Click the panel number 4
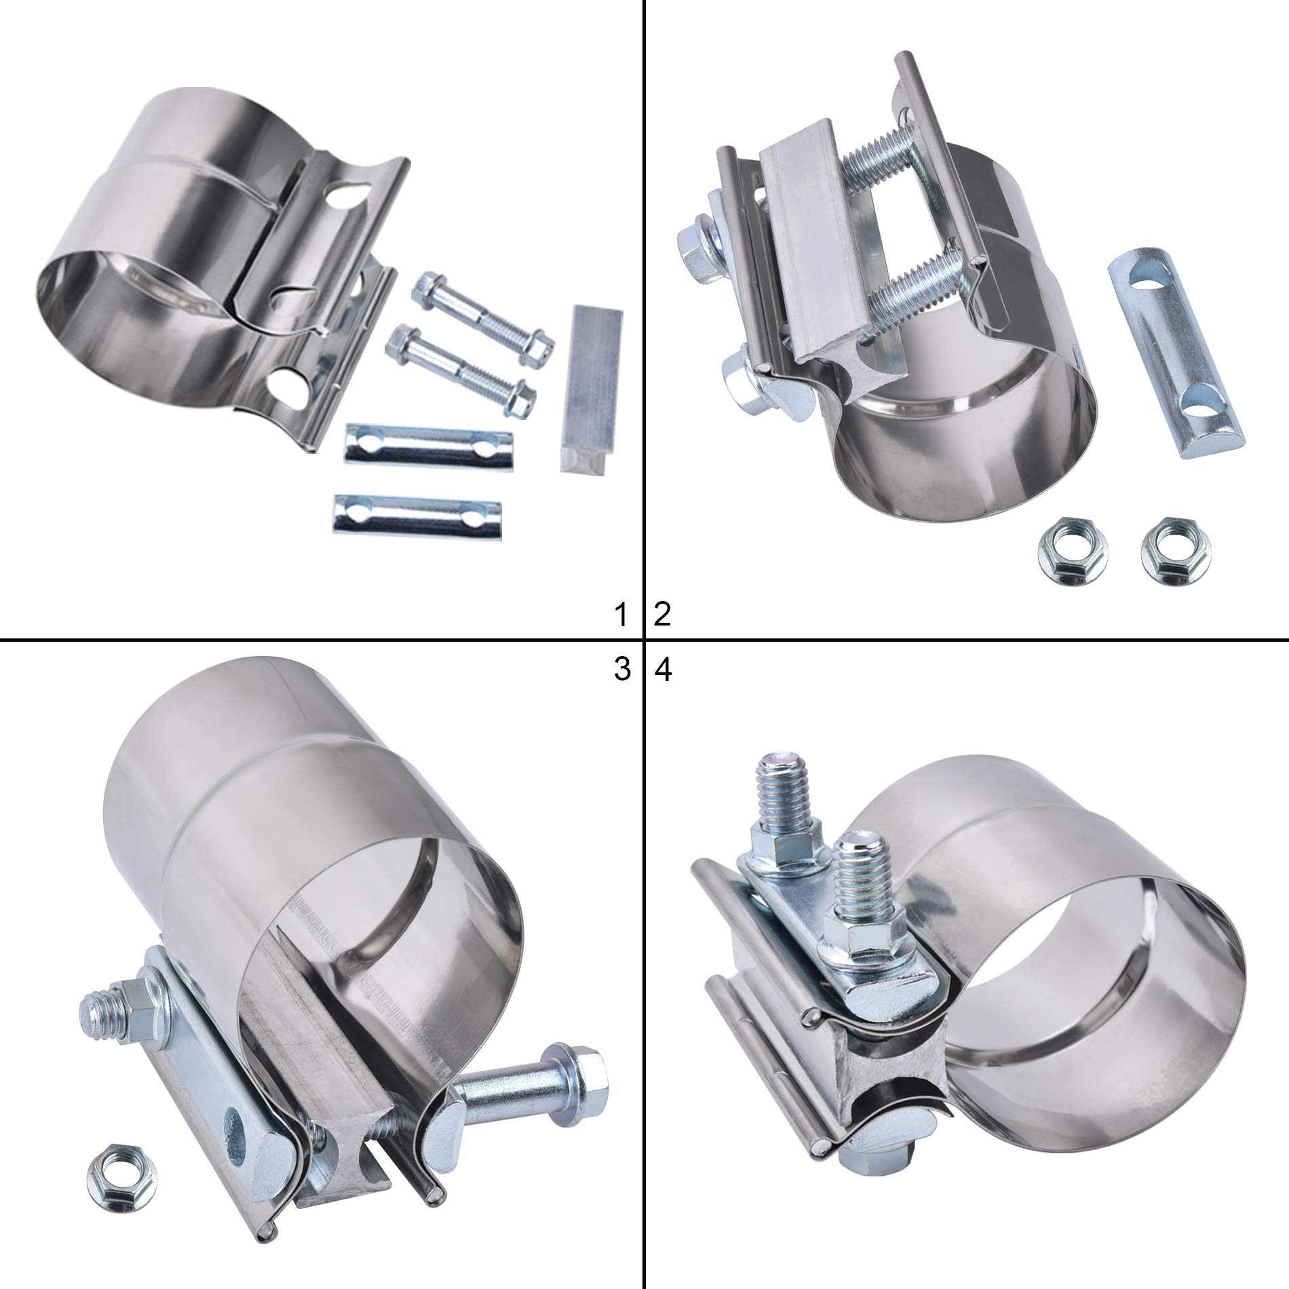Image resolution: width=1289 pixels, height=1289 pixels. coord(663,670)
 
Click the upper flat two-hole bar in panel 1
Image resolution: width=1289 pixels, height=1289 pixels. coord(427,445)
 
